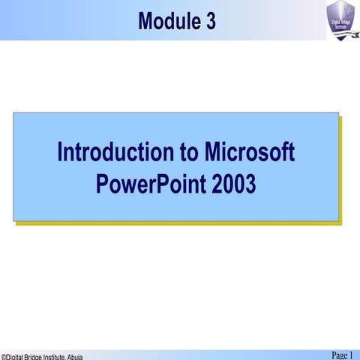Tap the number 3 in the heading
click(x=211, y=22)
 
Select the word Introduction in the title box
click(x=115, y=152)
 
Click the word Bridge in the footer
click(x=37, y=357)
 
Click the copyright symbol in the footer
click(x=3, y=357)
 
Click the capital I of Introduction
click(x=61, y=152)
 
